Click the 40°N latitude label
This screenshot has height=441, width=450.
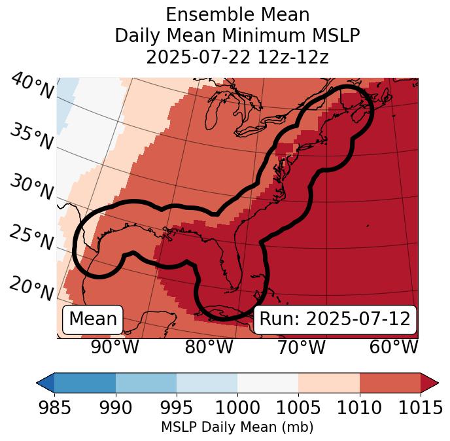32,86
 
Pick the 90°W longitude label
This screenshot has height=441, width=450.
114,347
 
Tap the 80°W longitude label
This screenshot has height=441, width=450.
209,347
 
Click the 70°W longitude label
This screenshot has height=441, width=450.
301,347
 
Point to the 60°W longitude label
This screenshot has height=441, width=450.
393,347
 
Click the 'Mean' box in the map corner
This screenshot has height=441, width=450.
93,319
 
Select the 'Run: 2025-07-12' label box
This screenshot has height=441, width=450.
335,319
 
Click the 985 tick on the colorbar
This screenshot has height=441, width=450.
54,408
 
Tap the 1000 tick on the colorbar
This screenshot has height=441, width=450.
237,408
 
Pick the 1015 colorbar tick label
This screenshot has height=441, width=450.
421,408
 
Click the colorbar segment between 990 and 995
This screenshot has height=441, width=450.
146,382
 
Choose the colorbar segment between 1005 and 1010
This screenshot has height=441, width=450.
329,382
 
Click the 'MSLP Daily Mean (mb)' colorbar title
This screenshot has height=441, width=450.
237,427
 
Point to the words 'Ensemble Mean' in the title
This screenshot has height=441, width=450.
237,14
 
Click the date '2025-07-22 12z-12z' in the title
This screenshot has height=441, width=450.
237,57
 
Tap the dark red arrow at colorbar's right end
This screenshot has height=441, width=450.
430,382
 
